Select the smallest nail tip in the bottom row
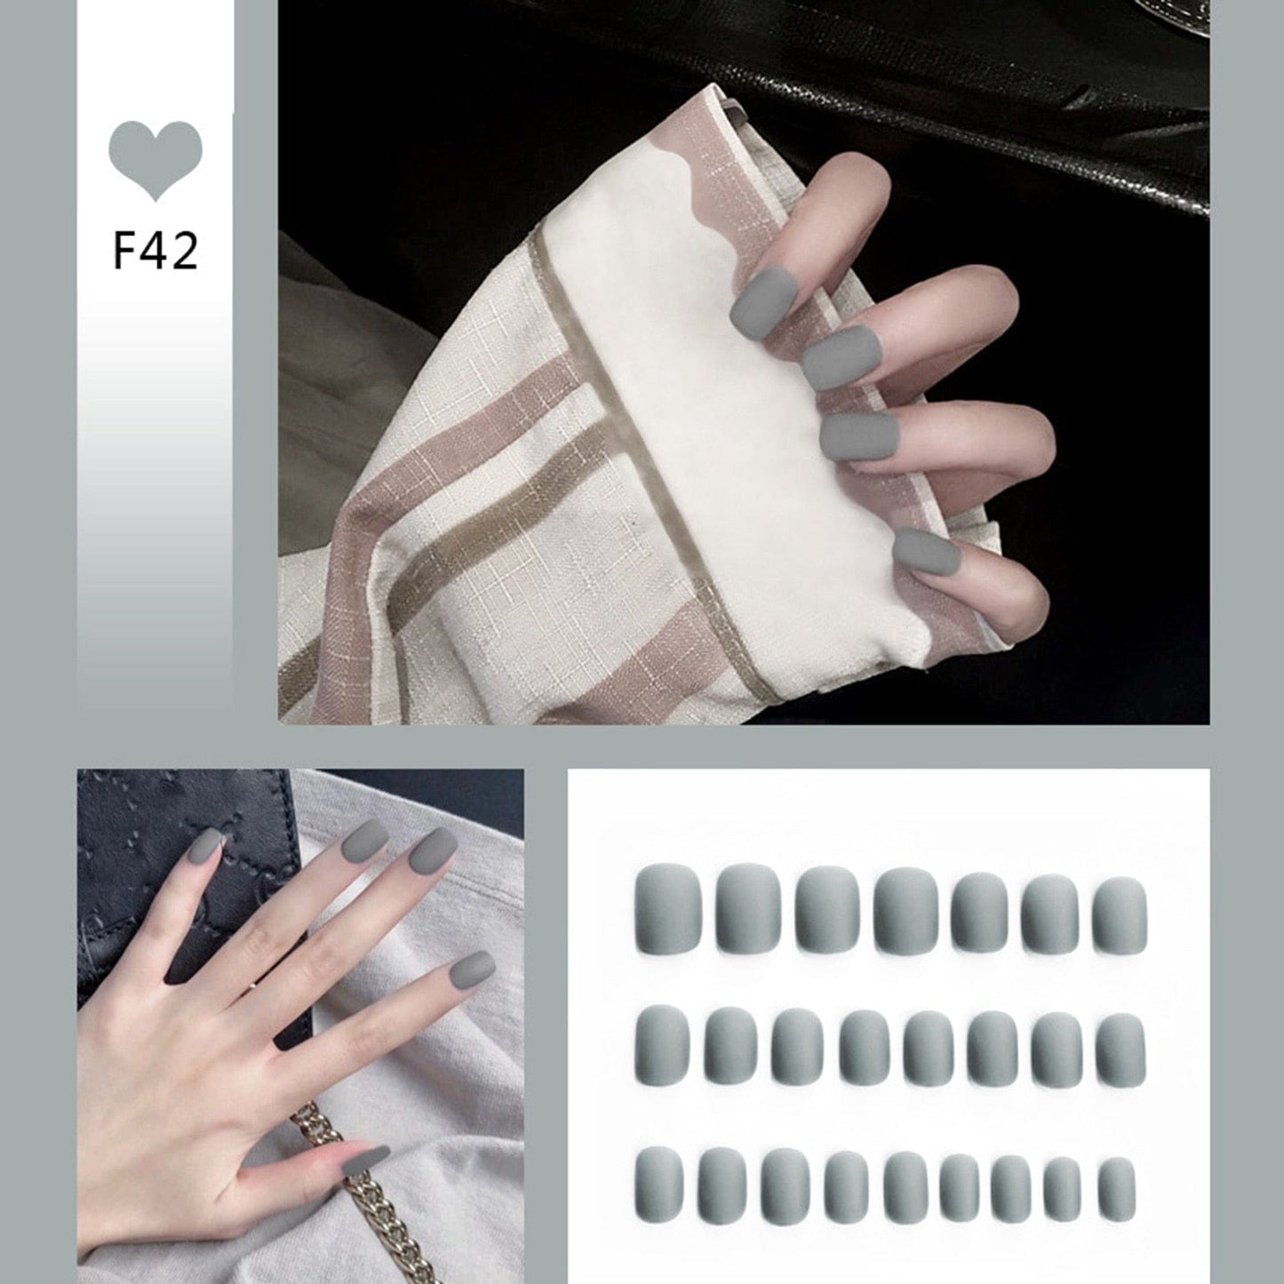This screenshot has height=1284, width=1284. pos(1117,1188)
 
